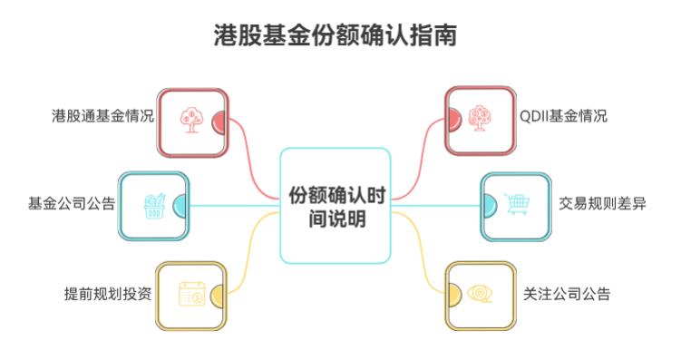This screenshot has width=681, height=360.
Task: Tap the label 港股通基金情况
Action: tap(102, 116)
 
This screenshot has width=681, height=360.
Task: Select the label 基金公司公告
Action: tap(72, 203)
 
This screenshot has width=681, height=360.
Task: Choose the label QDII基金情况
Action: tap(563, 116)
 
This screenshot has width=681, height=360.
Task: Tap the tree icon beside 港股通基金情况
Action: tap(190, 122)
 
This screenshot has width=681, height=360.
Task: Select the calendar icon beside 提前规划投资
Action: tap(190, 294)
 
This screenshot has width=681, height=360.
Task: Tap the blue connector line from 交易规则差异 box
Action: tap(435, 206)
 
